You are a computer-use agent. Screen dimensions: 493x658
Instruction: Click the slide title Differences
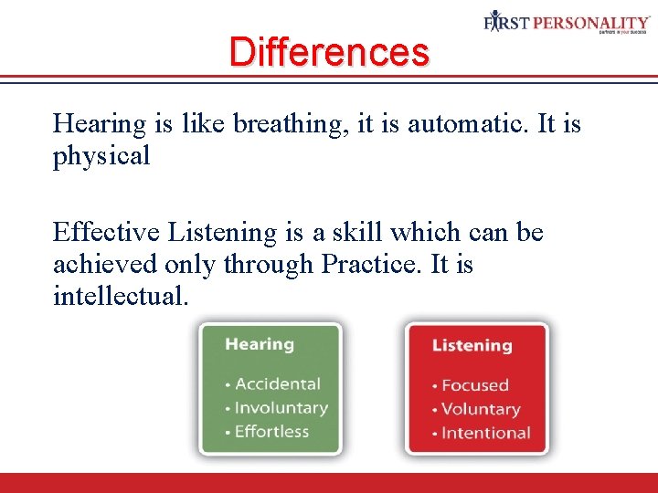coord(328,51)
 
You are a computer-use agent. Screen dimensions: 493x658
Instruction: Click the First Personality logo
coord(567,23)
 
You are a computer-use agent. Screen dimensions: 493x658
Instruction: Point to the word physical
coord(101,156)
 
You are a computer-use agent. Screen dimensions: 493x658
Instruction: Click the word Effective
coord(106,233)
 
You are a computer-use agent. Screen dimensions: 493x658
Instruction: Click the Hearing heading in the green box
coord(260,344)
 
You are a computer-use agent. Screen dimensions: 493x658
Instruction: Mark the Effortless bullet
coord(271,432)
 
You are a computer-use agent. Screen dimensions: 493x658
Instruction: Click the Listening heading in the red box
coord(472,346)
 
